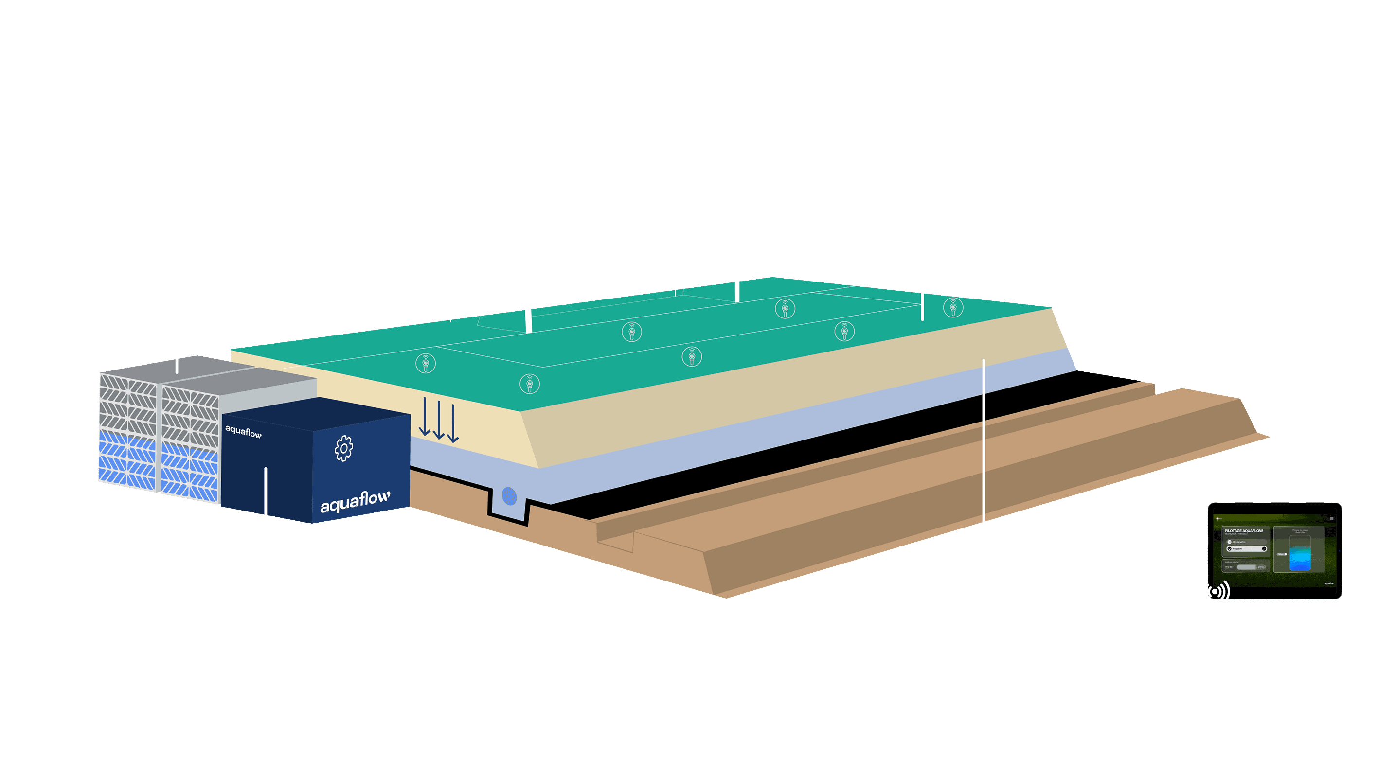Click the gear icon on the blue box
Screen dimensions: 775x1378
344,448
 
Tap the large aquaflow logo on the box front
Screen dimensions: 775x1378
355,501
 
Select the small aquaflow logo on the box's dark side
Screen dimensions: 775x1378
243,431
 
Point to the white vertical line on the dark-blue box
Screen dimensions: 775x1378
265,491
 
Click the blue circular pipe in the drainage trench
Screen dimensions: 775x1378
509,496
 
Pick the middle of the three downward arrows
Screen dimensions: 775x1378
439,421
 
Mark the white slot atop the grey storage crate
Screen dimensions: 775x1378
177,367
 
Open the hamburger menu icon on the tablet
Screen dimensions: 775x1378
1331,518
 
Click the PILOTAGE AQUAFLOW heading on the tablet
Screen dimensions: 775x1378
1244,531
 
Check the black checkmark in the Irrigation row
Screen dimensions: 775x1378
1264,549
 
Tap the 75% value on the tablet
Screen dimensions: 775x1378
1261,567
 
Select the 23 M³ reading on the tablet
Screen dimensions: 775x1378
1229,567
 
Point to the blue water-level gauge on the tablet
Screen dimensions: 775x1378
1300,556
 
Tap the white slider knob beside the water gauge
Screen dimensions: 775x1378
1286,554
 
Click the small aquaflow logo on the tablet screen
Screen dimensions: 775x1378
1329,583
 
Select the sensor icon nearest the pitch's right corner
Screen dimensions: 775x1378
953,308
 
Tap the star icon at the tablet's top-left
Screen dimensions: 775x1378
1218,518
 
